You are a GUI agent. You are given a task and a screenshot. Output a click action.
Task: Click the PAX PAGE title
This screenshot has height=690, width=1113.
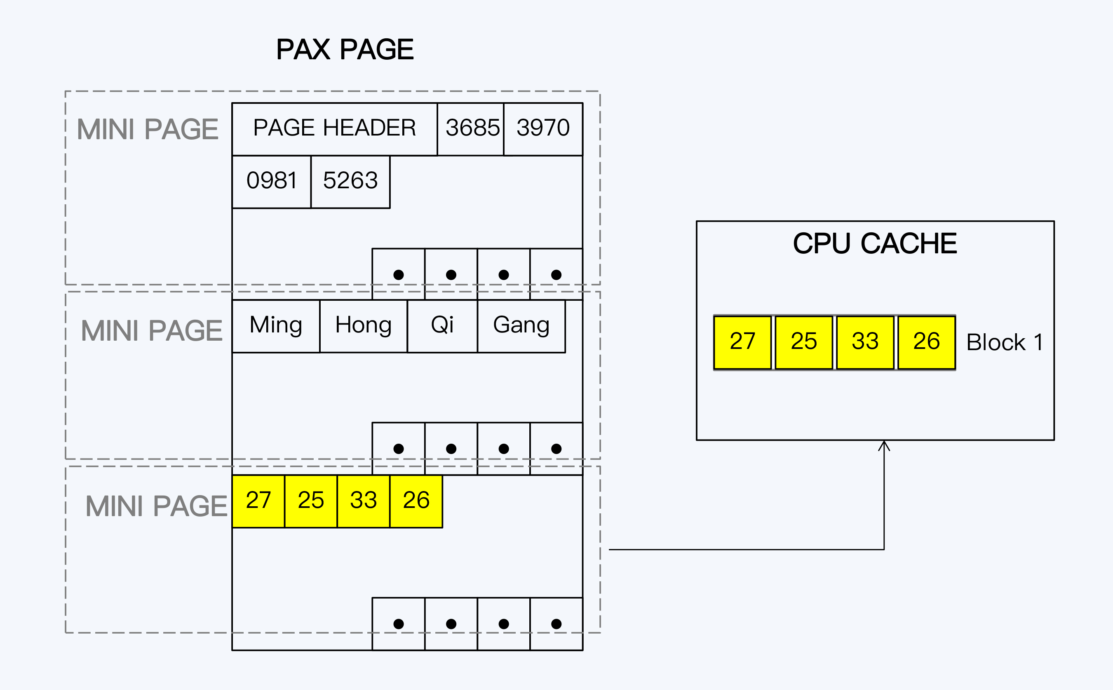click(x=345, y=49)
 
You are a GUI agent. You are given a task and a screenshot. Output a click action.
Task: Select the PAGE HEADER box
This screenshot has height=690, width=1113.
click(x=334, y=128)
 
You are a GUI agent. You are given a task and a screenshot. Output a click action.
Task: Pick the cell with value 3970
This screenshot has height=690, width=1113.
click(x=543, y=128)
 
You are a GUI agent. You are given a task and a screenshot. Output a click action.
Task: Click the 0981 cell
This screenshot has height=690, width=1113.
click(x=271, y=181)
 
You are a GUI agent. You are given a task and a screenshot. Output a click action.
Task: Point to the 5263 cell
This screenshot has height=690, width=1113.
click(x=350, y=181)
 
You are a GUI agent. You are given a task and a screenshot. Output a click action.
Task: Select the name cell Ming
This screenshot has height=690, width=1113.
click(x=276, y=326)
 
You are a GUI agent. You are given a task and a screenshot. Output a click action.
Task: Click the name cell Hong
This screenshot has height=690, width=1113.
click(x=364, y=326)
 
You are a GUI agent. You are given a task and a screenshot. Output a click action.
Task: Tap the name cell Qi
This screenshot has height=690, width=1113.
click(x=442, y=326)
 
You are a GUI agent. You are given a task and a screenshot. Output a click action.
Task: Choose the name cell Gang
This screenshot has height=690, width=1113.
click(x=521, y=326)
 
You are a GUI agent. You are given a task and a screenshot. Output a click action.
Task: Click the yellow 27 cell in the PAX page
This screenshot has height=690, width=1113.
click(x=258, y=501)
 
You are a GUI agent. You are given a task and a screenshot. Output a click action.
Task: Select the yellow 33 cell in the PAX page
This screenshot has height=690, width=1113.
click(x=364, y=501)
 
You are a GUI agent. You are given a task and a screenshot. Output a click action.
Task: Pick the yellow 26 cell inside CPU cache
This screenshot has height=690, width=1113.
click(x=926, y=342)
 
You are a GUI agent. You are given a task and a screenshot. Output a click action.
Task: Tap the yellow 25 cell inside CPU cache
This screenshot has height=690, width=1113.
click(x=803, y=342)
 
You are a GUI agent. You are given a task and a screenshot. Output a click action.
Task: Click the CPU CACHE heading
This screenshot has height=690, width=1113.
click(x=875, y=244)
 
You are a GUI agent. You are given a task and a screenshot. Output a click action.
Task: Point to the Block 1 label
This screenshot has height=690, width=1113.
click(x=1004, y=343)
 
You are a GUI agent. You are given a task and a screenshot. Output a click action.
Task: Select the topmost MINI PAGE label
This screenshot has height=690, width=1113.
click(x=148, y=130)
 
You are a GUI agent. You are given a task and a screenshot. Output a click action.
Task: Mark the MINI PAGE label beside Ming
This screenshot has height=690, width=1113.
click(x=152, y=331)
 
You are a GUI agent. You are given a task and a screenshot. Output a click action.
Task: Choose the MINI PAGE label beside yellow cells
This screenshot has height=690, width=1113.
click(x=156, y=506)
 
